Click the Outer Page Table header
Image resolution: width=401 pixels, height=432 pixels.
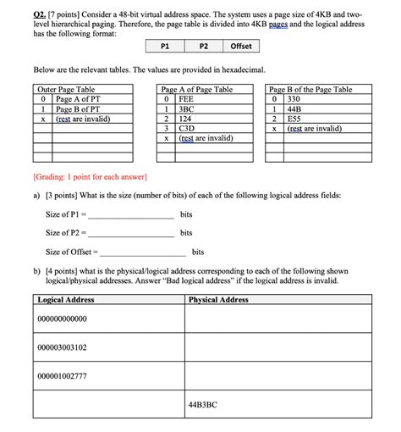67,89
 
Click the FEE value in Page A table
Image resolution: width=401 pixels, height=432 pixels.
186,99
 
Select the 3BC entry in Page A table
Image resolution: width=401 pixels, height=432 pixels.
186,109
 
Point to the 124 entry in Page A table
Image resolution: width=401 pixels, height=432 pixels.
185,119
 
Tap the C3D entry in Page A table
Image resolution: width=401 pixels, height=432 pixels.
186,129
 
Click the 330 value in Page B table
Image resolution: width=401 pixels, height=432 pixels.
294,99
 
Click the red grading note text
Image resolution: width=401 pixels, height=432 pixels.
90,177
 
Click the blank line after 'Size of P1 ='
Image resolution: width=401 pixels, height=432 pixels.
130,215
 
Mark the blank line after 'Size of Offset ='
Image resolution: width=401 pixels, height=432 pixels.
142,252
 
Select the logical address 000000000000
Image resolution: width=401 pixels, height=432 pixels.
63,319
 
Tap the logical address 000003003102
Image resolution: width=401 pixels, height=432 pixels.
63,347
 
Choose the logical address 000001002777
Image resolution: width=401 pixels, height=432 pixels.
63,375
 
